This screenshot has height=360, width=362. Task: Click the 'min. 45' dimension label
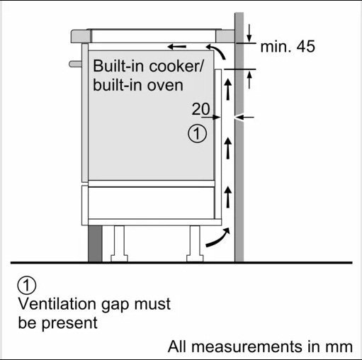click(288, 46)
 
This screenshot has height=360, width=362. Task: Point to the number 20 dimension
click(200, 109)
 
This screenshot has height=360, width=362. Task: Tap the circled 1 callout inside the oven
click(197, 134)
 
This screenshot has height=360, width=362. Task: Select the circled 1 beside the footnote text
click(27, 285)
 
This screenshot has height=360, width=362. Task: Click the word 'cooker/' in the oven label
click(176, 66)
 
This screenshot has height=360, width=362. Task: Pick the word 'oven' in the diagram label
click(165, 86)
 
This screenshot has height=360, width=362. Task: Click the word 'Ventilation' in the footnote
click(57, 303)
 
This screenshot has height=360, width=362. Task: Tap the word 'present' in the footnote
click(69, 324)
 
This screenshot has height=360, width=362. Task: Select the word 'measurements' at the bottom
click(247, 347)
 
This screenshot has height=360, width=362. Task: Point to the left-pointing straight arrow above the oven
click(176, 47)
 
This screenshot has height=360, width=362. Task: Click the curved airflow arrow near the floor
click(217, 238)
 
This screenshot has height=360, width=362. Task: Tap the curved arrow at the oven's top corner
click(216, 50)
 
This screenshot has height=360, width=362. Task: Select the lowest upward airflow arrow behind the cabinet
click(228, 197)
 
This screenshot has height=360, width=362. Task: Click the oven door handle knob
click(75, 64)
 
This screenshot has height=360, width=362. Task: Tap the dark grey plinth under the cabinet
click(95, 244)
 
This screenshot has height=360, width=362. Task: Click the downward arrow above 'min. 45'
click(249, 33)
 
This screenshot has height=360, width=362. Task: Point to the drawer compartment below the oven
click(152, 203)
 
